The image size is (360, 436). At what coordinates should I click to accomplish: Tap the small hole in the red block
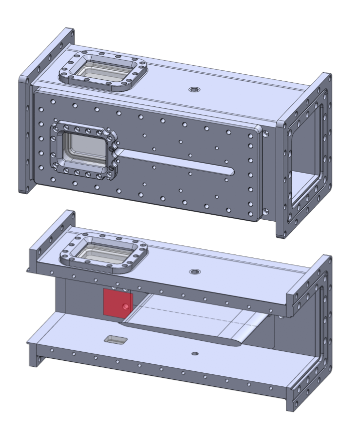tap(126, 306)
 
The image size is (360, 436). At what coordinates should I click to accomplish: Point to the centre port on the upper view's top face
tap(194, 90)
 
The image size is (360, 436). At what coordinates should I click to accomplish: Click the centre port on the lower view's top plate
tap(194, 272)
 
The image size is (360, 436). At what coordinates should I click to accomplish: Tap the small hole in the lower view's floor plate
tap(195, 354)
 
